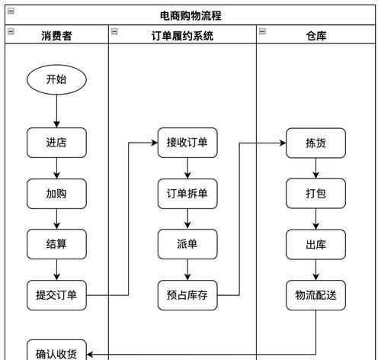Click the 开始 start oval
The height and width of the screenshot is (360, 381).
coord(56,79)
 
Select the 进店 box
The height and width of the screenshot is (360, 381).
coord(56,143)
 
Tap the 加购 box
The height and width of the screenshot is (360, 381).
coord(56,194)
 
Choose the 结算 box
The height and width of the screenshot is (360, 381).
coord(56,244)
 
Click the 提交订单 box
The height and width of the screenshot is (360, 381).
coord(56,295)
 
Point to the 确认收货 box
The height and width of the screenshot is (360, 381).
coord(56,350)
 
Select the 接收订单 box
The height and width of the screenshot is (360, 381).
coord(187,143)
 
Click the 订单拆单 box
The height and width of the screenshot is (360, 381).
coord(187,194)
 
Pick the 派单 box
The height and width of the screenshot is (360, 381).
coord(187,244)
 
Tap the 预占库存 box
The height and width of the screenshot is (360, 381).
coord(187,295)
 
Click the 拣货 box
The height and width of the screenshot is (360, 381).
coord(315,143)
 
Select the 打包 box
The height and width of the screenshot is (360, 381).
coord(315,194)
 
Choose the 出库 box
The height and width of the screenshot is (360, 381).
coord(315,245)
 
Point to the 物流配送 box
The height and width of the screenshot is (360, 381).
coord(315,295)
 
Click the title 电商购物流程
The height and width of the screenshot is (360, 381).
coord(190,16)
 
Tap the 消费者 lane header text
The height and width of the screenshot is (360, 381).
coord(56,36)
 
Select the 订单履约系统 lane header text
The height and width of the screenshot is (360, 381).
coord(182,36)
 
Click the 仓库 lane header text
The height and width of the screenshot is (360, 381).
coord(316,36)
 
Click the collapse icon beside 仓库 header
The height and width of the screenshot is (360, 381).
coord(262,31)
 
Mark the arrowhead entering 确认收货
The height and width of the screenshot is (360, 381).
coord(90,354)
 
